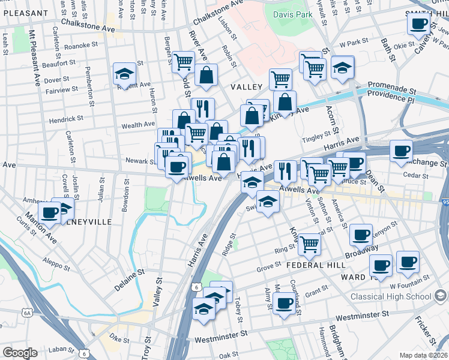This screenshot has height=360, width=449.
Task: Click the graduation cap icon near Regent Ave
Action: click(x=125, y=74)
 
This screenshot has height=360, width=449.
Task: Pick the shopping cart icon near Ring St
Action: click(x=309, y=244)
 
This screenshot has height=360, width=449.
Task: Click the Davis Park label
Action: click(x=293, y=13)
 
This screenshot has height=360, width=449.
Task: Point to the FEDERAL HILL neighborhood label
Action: click(x=315, y=265)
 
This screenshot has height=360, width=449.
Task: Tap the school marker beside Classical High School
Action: click(x=440, y=296)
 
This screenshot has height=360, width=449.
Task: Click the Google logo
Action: click(x=20, y=353)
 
